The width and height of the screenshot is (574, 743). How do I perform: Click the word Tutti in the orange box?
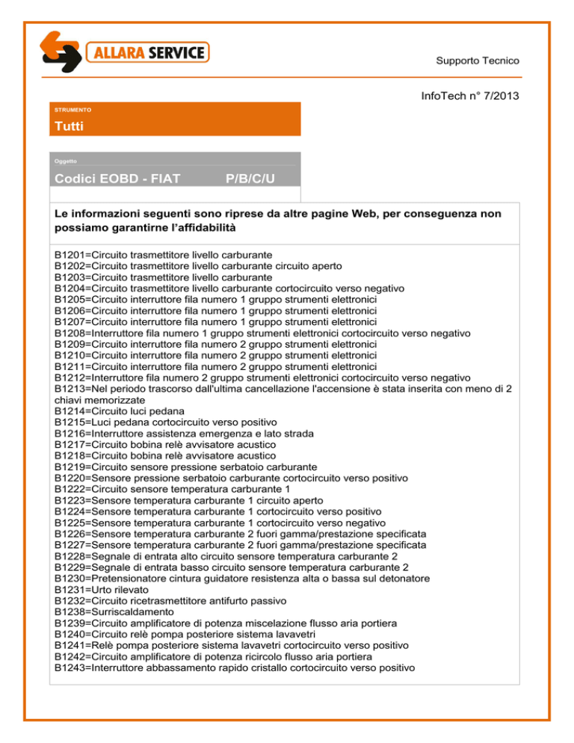[x=69, y=126]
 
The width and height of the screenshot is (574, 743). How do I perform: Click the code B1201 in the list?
[x=72, y=255]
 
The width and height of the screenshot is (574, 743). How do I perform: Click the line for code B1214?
[x=120, y=411]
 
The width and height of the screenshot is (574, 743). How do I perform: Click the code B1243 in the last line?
[x=72, y=667]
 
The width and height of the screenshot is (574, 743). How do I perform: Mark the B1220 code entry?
[x=72, y=478]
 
